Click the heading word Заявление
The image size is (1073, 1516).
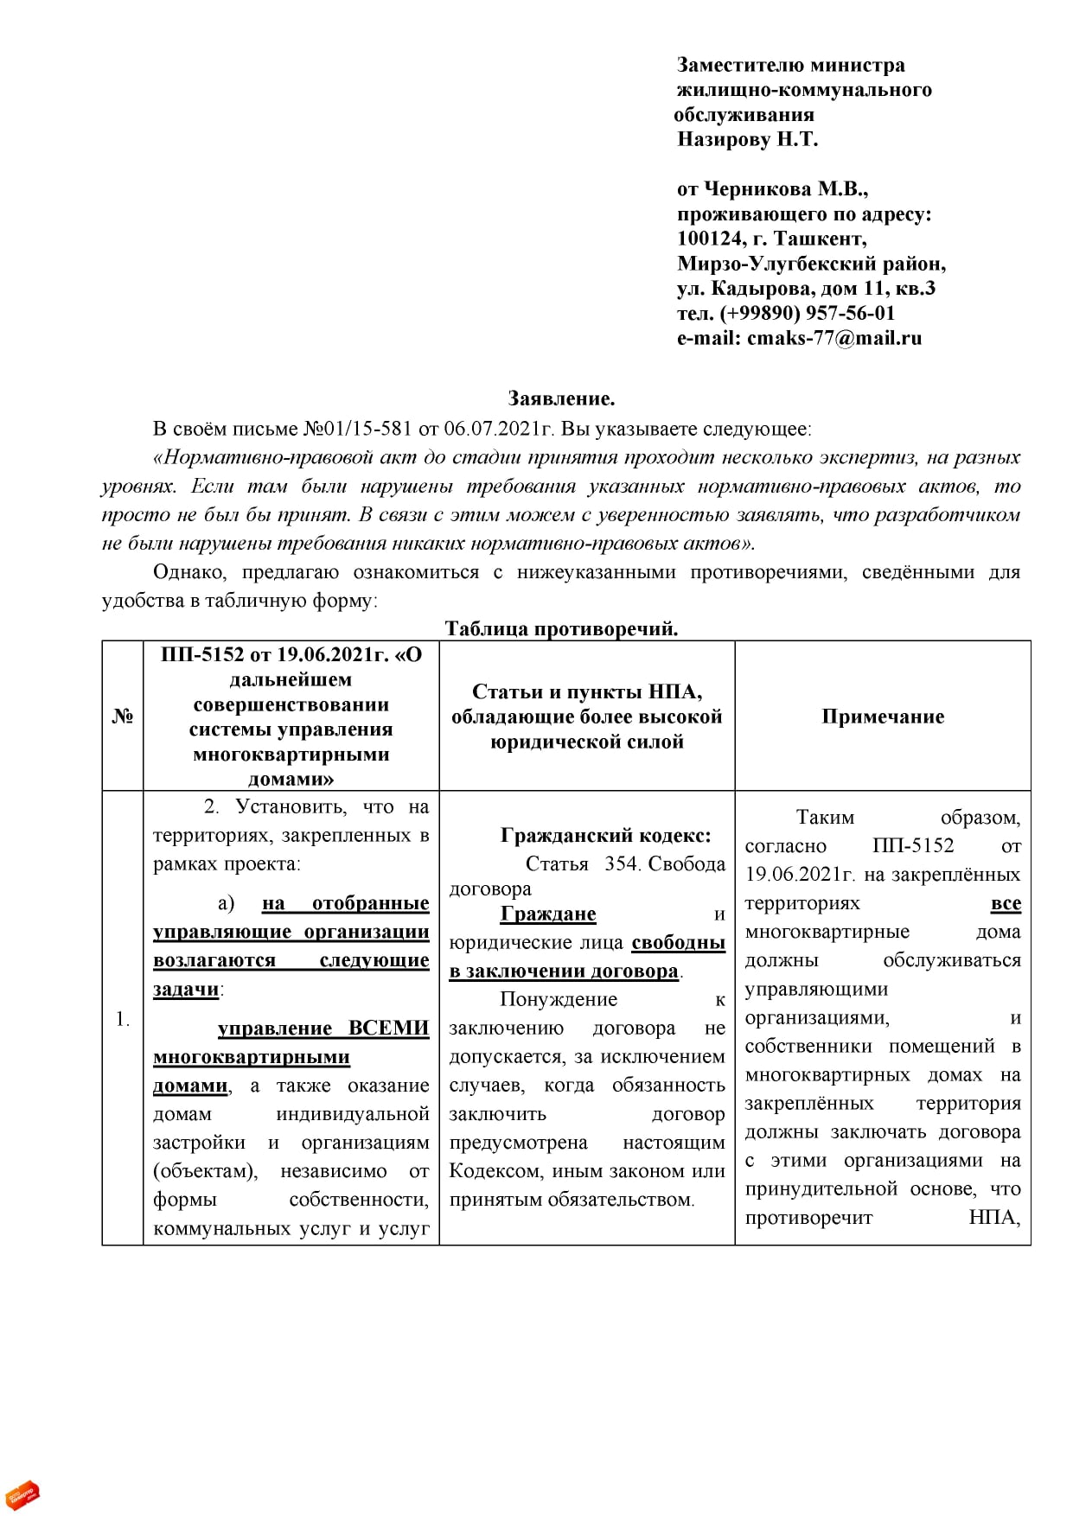click(561, 399)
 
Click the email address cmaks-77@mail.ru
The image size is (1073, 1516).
click(834, 338)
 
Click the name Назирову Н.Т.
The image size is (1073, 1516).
click(747, 139)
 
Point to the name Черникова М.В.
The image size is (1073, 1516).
click(786, 189)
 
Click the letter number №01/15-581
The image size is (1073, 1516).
click(358, 429)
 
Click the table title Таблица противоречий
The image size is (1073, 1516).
click(561, 628)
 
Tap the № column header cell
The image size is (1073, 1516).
click(123, 716)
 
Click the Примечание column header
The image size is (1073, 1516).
click(883, 716)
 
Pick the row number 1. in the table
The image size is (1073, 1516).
click(123, 1019)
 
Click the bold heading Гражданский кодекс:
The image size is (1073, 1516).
click(605, 835)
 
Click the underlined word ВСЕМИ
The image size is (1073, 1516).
click(388, 1028)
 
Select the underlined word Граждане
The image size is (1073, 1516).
click(548, 914)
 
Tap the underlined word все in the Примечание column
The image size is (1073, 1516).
click(1006, 903)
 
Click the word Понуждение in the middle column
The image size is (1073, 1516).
click(559, 999)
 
